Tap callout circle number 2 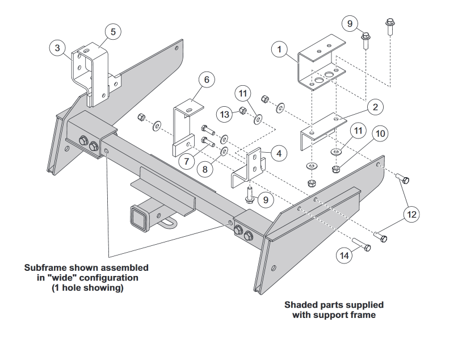[x=374, y=106]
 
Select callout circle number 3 [x=57, y=48]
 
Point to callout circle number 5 [x=113, y=32]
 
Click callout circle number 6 [x=207, y=79]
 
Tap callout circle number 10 [x=380, y=133]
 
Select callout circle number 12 [x=412, y=214]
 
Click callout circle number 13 [x=225, y=115]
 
